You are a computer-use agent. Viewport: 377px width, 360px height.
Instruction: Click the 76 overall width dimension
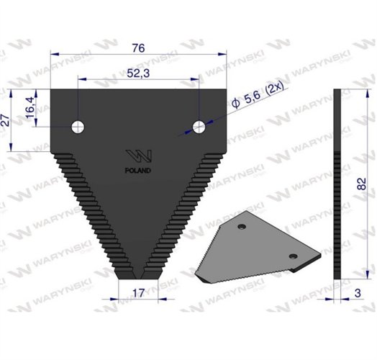(140, 48)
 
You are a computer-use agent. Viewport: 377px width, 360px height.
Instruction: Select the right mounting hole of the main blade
(199, 127)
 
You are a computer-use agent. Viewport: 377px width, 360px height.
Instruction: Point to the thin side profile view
(337, 184)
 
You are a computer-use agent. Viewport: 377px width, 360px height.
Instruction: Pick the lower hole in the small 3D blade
(293, 256)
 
